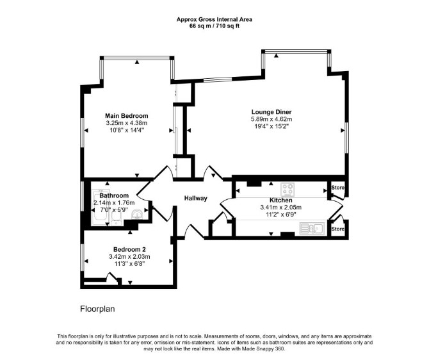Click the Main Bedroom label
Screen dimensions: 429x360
127,116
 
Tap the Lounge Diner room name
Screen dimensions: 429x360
271,112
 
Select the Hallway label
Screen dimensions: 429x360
196,198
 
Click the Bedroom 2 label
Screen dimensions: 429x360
129,249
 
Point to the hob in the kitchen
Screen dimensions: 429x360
288,190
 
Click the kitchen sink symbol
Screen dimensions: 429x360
312,229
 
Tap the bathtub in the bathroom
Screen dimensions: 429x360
101,207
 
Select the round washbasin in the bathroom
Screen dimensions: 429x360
136,215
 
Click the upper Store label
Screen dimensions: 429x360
338,188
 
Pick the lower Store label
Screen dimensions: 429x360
338,229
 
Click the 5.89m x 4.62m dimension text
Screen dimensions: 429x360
271,119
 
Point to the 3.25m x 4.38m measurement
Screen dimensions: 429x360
127,123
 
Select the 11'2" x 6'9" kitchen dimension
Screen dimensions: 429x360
281,215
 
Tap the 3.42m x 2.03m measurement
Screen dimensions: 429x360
129,257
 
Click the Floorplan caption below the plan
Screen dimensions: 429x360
97,309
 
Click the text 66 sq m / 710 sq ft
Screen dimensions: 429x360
214,26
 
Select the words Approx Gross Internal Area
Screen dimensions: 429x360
214,19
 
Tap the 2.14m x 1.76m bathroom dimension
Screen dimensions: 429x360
114,203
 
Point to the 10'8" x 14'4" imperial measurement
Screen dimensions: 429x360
127,130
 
